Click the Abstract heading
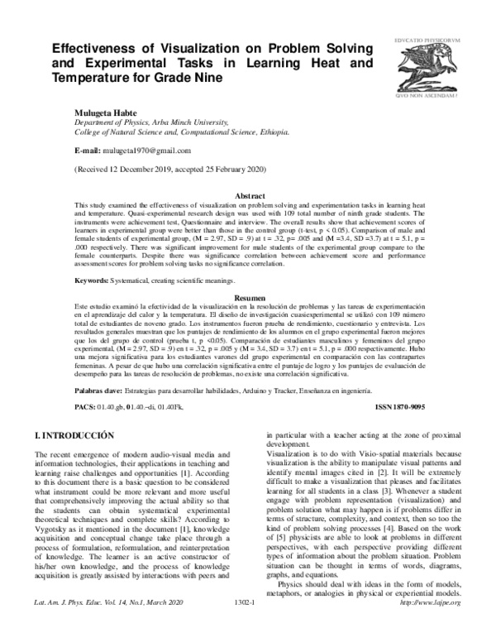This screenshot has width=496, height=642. (x=250, y=195)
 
